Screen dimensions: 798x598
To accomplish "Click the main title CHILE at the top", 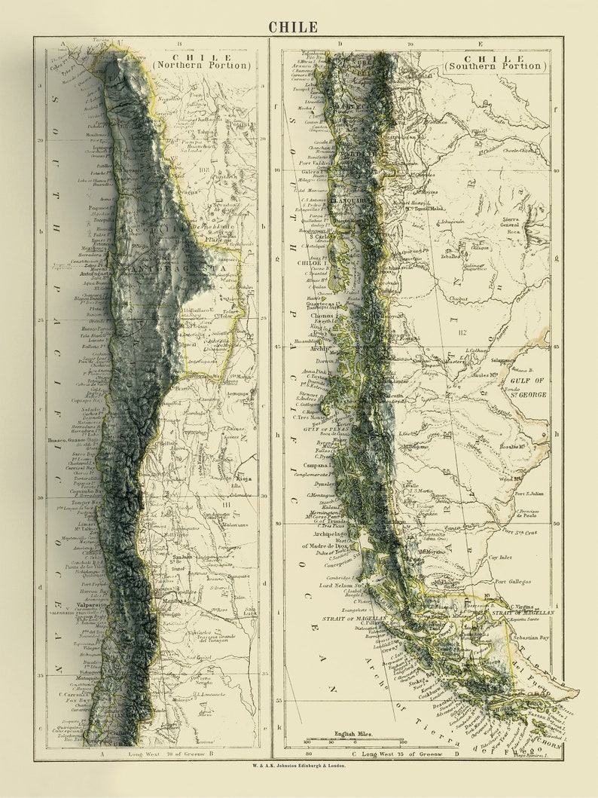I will click(293, 27).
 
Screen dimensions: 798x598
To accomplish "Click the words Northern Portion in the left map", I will click(201, 66).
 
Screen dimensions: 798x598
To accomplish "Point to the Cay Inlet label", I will click(500, 558).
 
